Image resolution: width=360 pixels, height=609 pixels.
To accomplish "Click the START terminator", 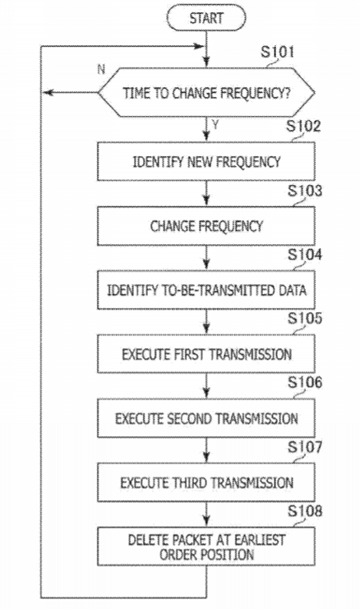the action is click(x=206, y=18).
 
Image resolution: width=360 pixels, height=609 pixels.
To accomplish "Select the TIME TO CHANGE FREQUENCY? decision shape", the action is click(x=206, y=92).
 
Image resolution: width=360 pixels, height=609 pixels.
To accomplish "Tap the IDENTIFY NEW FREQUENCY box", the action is click(x=206, y=161).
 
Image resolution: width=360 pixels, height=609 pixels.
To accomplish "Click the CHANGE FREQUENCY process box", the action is click(x=206, y=226).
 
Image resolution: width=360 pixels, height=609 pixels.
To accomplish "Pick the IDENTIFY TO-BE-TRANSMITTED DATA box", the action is click(x=206, y=290).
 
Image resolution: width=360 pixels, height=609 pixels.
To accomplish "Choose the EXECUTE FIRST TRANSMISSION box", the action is click(x=206, y=354).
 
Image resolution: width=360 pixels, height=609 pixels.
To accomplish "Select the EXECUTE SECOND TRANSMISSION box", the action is click(x=206, y=418).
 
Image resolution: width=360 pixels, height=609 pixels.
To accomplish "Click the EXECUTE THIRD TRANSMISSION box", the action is click(x=206, y=482).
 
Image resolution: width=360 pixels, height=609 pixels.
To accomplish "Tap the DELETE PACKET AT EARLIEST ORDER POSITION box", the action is click(x=206, y=546).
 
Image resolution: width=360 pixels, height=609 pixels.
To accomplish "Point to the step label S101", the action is click(x=277, y=52).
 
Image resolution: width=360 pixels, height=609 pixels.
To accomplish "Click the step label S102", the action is click(x=303, y=127).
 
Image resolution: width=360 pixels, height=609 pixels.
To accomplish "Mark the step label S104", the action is click(x=305, y=255).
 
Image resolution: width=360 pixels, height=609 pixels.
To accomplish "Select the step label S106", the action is click(x=305, y=382).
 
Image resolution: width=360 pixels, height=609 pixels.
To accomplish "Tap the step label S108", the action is click(x=305, y=511).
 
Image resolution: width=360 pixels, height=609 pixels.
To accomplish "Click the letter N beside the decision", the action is click(x=101, y=70).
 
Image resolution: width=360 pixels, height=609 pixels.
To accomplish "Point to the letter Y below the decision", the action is click(x=215, y=125).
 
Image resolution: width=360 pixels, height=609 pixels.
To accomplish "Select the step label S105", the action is click(x=305, y=319).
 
